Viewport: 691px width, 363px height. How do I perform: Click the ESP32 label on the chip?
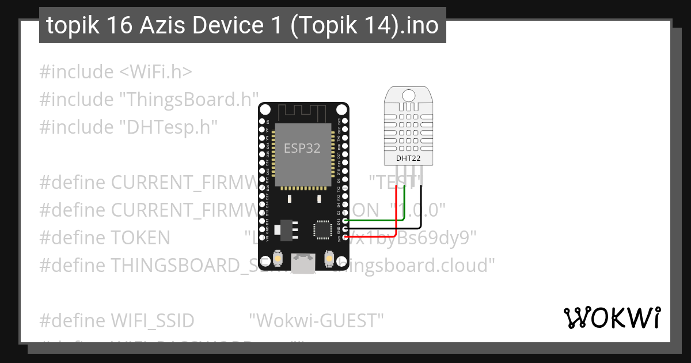click(x=302, y=148)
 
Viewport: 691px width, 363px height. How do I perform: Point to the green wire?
click(x=380, y=220)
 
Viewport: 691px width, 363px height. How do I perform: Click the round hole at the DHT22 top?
click(x=409, y=94)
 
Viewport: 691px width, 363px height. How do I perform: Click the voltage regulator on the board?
click(x=284, y=229)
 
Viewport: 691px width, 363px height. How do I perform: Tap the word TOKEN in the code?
click(x=141, y=237)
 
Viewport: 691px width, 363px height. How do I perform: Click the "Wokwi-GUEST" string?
click(x=316, y=320)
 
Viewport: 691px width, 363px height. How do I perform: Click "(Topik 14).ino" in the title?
click(x=365, y=25)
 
